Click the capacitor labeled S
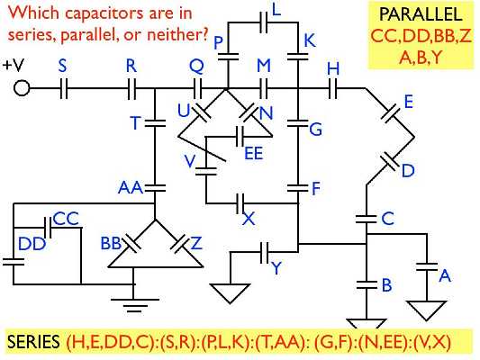(x=62, y=89)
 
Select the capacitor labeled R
(x=131, y=89)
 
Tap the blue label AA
(x=131, y=187)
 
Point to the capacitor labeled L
(x=264, y=20)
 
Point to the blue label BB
(x=112, y=244)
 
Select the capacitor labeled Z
(x=179, y=242)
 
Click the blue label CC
(x=67, y=219)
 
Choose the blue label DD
(x=32, y=243)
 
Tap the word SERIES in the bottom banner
(x=33, y=344)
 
